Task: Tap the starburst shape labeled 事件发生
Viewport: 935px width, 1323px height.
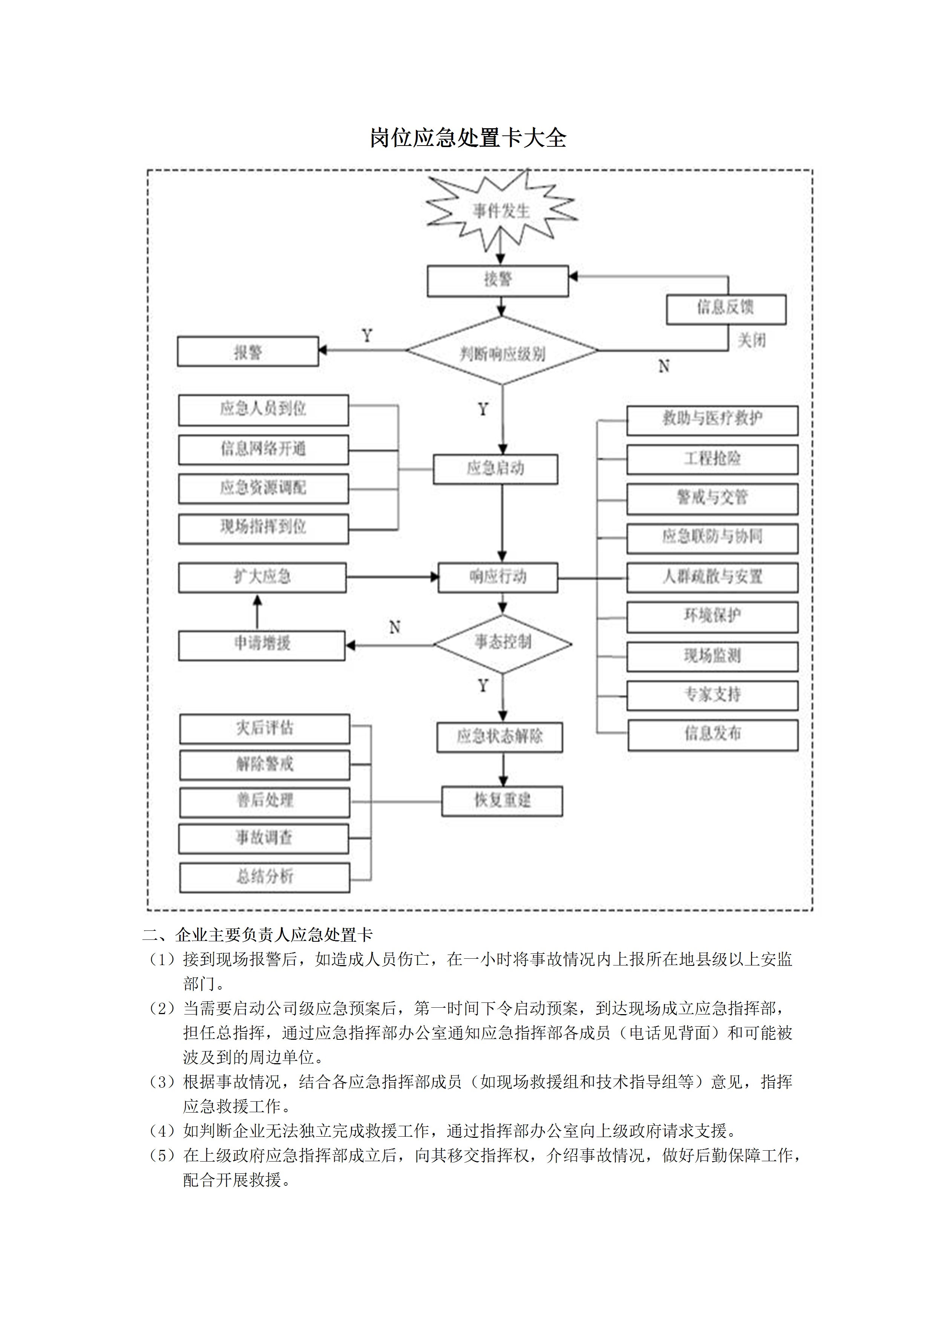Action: click(501, 212)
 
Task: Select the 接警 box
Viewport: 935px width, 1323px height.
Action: click(498, 281)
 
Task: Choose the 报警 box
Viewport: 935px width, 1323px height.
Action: click(248, 351)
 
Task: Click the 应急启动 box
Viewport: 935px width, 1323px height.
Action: click(495, 468)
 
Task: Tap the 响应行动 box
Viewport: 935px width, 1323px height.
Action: click(498, 577)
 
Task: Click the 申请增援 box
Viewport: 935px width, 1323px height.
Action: click(262, 645)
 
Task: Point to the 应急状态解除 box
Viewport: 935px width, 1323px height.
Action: click(500, 737)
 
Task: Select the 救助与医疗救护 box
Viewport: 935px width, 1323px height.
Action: click(712, 419)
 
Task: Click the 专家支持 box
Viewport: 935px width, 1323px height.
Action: click(713, 695)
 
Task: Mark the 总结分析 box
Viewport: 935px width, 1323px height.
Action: click(264, 877)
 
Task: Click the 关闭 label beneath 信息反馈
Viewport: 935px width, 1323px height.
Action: click(752, 341)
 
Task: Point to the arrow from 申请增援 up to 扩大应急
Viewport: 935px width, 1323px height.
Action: click(257, 612)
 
